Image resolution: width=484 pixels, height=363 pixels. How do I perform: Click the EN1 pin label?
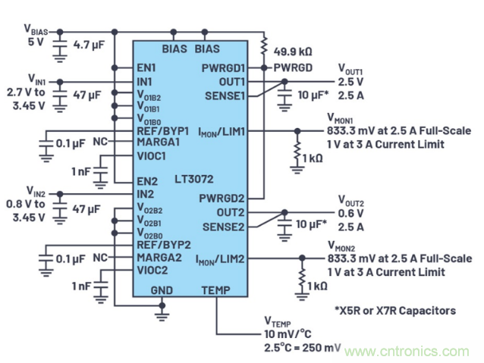148,67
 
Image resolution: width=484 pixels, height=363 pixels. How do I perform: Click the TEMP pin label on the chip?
215,289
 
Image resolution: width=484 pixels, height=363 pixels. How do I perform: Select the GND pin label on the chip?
161,289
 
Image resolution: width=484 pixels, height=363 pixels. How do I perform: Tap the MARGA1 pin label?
158,142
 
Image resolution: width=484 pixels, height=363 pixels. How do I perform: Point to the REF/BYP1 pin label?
162,130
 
